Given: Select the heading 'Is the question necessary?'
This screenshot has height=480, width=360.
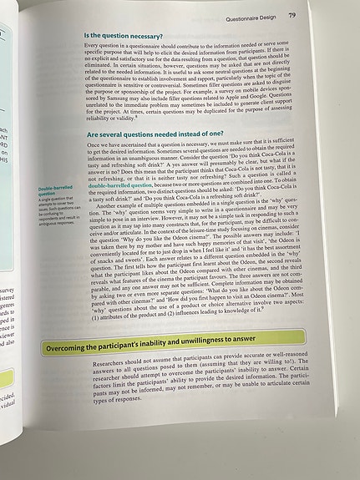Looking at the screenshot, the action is click(x=127, y=37).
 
